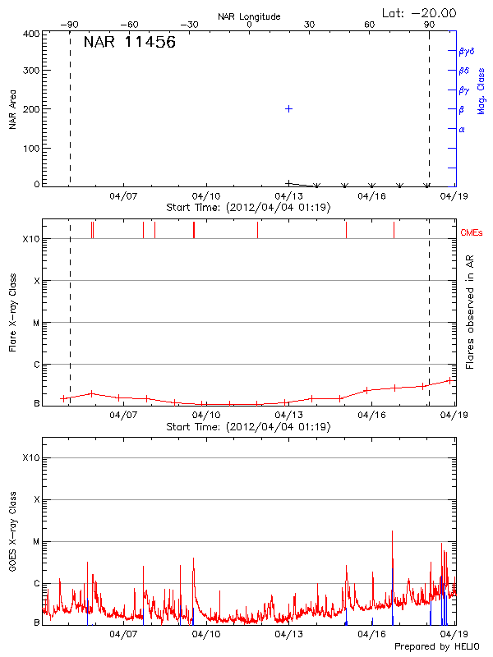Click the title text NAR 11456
click(x=129, y=44)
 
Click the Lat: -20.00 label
click(x=419, y=13)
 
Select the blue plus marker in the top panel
click(x=288, y=108)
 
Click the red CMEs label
click(x=472, y=233)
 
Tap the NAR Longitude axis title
click(x=249, y=16)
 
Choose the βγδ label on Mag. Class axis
click(x=467, y=51)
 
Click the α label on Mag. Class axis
click(x=462, y=129)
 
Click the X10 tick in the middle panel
click(x=30, y=239)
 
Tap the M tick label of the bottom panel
click(x=35, y=541)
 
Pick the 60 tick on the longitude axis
click(x=370, y=25)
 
